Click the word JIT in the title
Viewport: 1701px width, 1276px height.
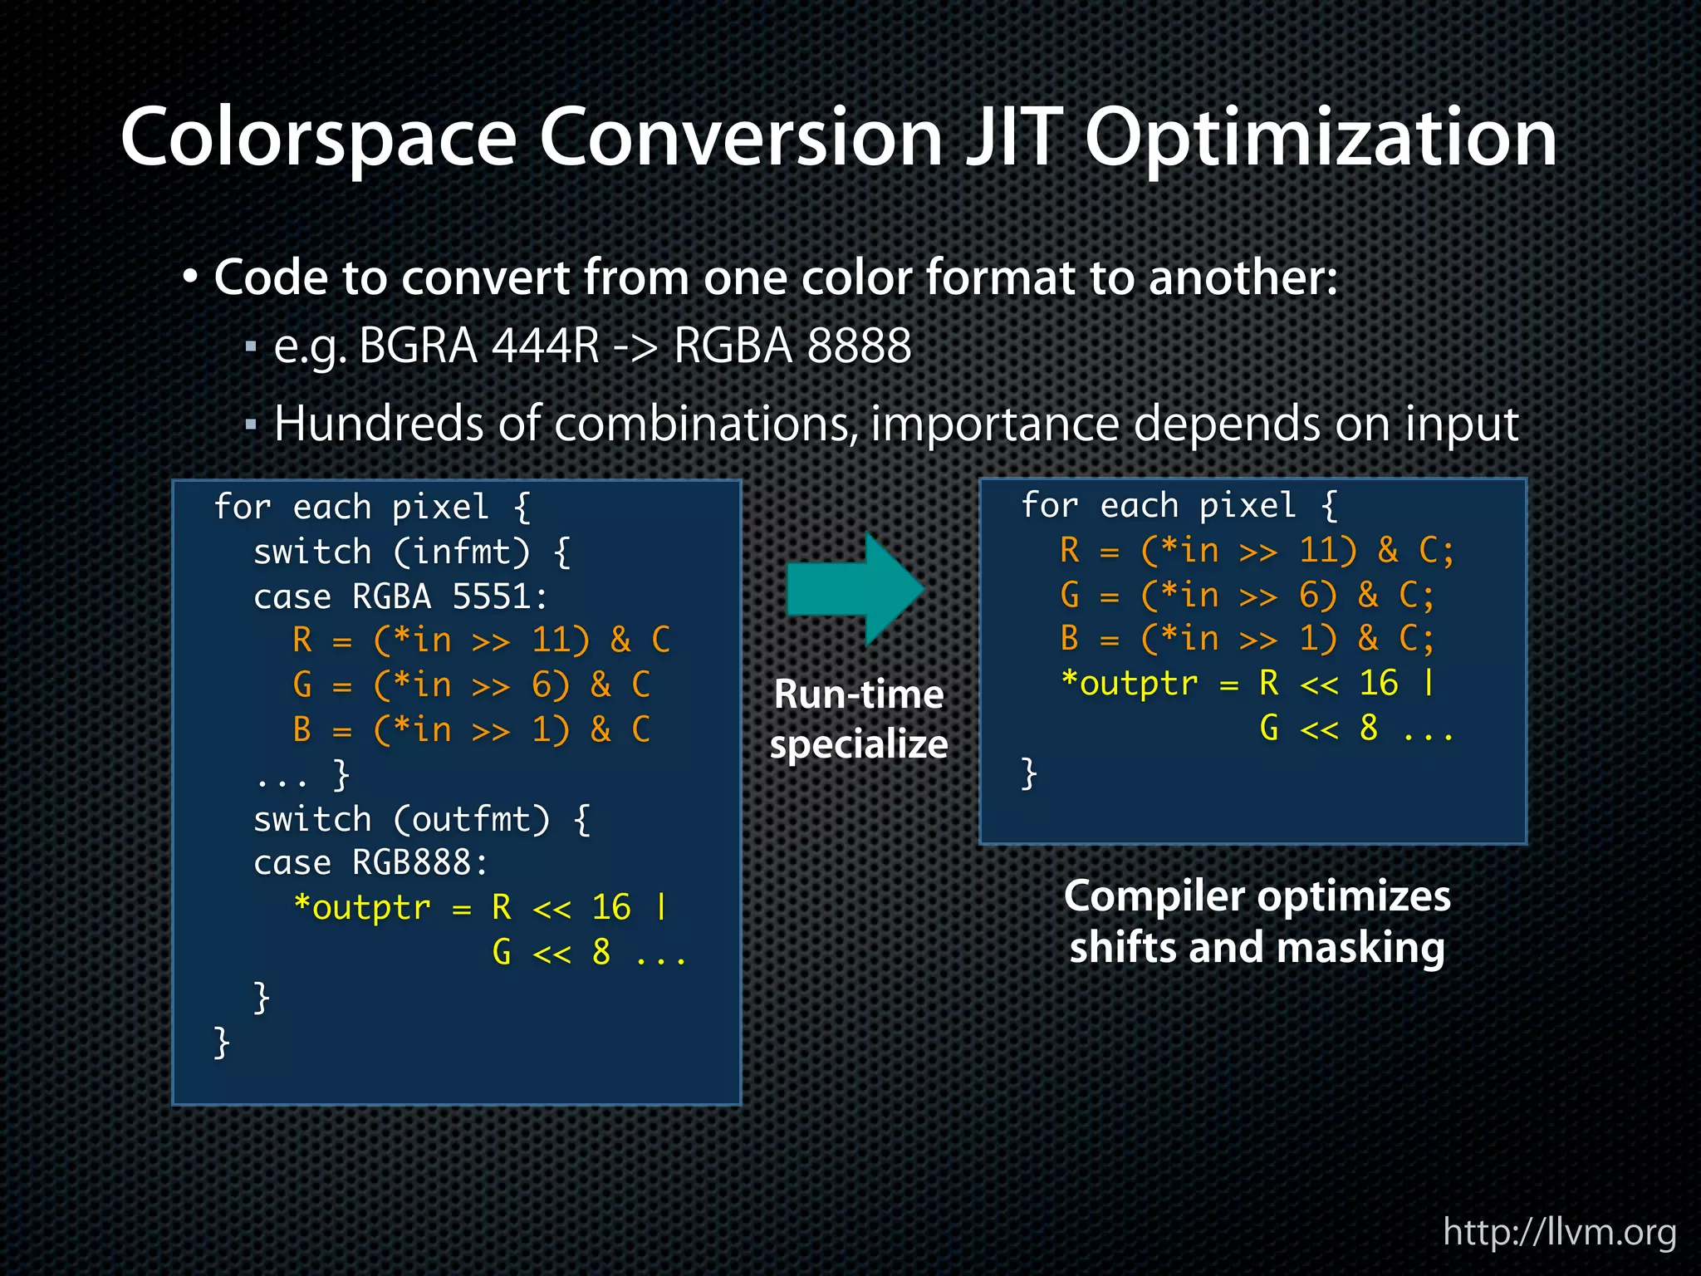pyautogui.click(x=1013, y=137)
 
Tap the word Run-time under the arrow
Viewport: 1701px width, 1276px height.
pyautogui.click(x=859, y=694)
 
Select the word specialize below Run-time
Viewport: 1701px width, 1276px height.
pyautogui.click(x=859, y=744)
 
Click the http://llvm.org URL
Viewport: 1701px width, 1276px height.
pyautogui.click(x=1559, y=1231)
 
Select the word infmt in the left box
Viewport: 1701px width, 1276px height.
pyautogui.click(x=460, y=552)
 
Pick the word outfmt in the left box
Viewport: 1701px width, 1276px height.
pyautogui.click(x=470, y=820)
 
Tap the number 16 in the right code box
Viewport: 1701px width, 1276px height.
pyautogui.click(x=1379, y=683)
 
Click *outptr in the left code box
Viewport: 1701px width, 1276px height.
pyautogui.click(x=362, y=907)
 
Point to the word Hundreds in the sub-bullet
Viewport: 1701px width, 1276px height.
pyautogui.click(x=379, y=425)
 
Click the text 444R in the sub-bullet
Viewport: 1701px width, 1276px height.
pyautogui.click(x=545, y=346)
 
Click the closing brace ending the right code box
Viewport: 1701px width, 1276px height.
pyautogui.click(x=1028, y=773)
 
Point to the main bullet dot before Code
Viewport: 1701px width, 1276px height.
pyautogui.click(x=191, y=277)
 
